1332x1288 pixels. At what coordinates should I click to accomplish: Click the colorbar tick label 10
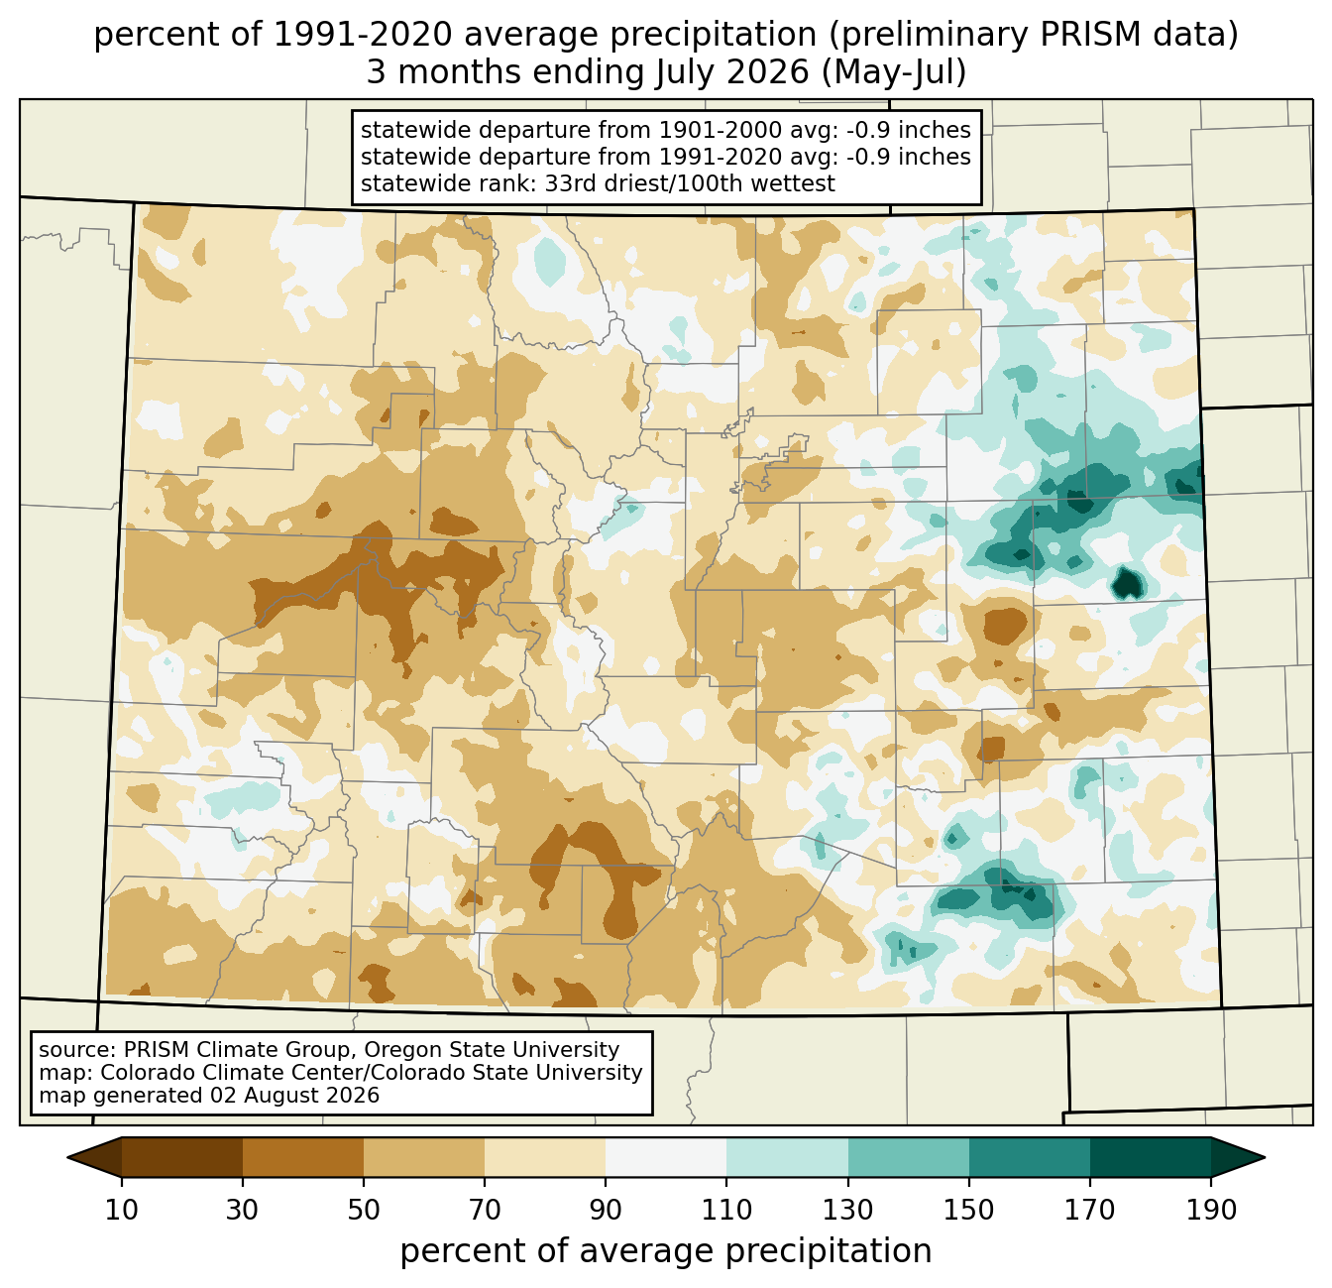pos(121,1210)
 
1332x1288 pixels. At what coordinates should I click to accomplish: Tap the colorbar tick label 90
pos(606,1210)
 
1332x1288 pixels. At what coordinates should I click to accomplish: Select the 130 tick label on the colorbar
pos(847,1210)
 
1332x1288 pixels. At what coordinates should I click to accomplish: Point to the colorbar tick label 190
pos(1211,1210)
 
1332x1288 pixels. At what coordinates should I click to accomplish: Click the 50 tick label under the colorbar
pos(364,1210)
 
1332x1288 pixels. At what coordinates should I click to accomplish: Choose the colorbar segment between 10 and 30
pos(182,1157)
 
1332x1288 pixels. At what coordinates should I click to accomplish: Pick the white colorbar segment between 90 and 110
pos(666,1157)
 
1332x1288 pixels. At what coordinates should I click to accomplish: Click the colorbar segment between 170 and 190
pos(1150,1157)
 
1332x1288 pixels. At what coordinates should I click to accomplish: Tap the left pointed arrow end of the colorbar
pos(67,1157)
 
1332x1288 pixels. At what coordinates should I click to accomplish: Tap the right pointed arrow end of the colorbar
pos(1265,1157)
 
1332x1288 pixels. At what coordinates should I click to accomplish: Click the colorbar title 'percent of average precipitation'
pos(666,1251)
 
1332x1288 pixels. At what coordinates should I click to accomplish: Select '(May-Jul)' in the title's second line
pos(893,72)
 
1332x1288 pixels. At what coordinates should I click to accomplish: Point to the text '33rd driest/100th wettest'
pos(690,183)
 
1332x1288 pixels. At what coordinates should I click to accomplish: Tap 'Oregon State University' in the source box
pos(492,1050)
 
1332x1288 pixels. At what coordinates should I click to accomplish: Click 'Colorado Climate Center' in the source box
pos(231,1072)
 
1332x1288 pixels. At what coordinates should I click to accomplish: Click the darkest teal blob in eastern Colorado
pos(1127,585)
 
